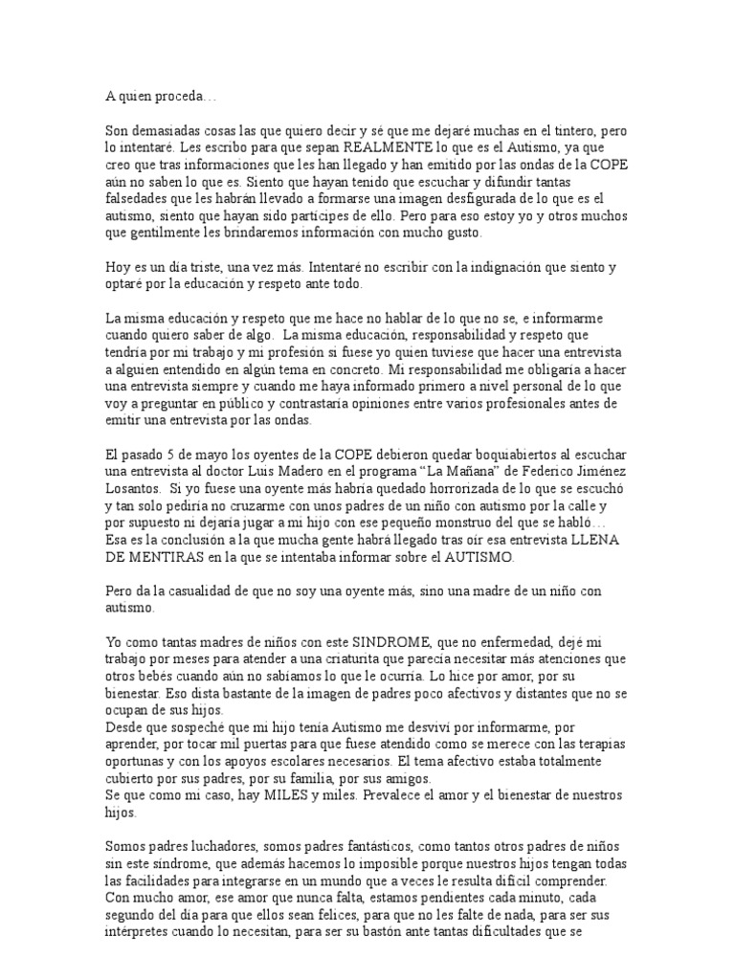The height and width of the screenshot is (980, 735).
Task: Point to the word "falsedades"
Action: pyautogui.click(x=138, y=199)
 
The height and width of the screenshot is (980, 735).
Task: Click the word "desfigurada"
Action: pyautogui.click(x=463, y=199)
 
